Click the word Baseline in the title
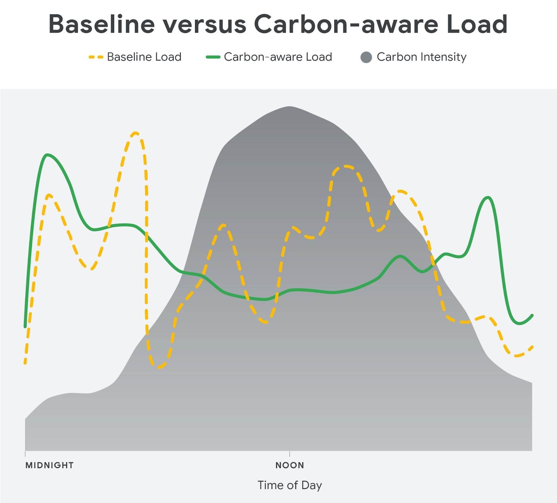coord(101,24)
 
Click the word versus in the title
coord(205,24)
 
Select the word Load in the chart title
coord(477,24)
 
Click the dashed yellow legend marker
coord(96,57)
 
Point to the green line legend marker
coord(213,57)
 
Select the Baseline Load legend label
coord(144,57)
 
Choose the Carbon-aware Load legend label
coord(278,57)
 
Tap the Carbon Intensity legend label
coord(421,57)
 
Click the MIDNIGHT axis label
coord(49,465)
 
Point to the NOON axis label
coord(290,465)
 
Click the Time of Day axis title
coord(290,485)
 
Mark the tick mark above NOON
coord(290,454)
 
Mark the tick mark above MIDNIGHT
coord(25,454)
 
